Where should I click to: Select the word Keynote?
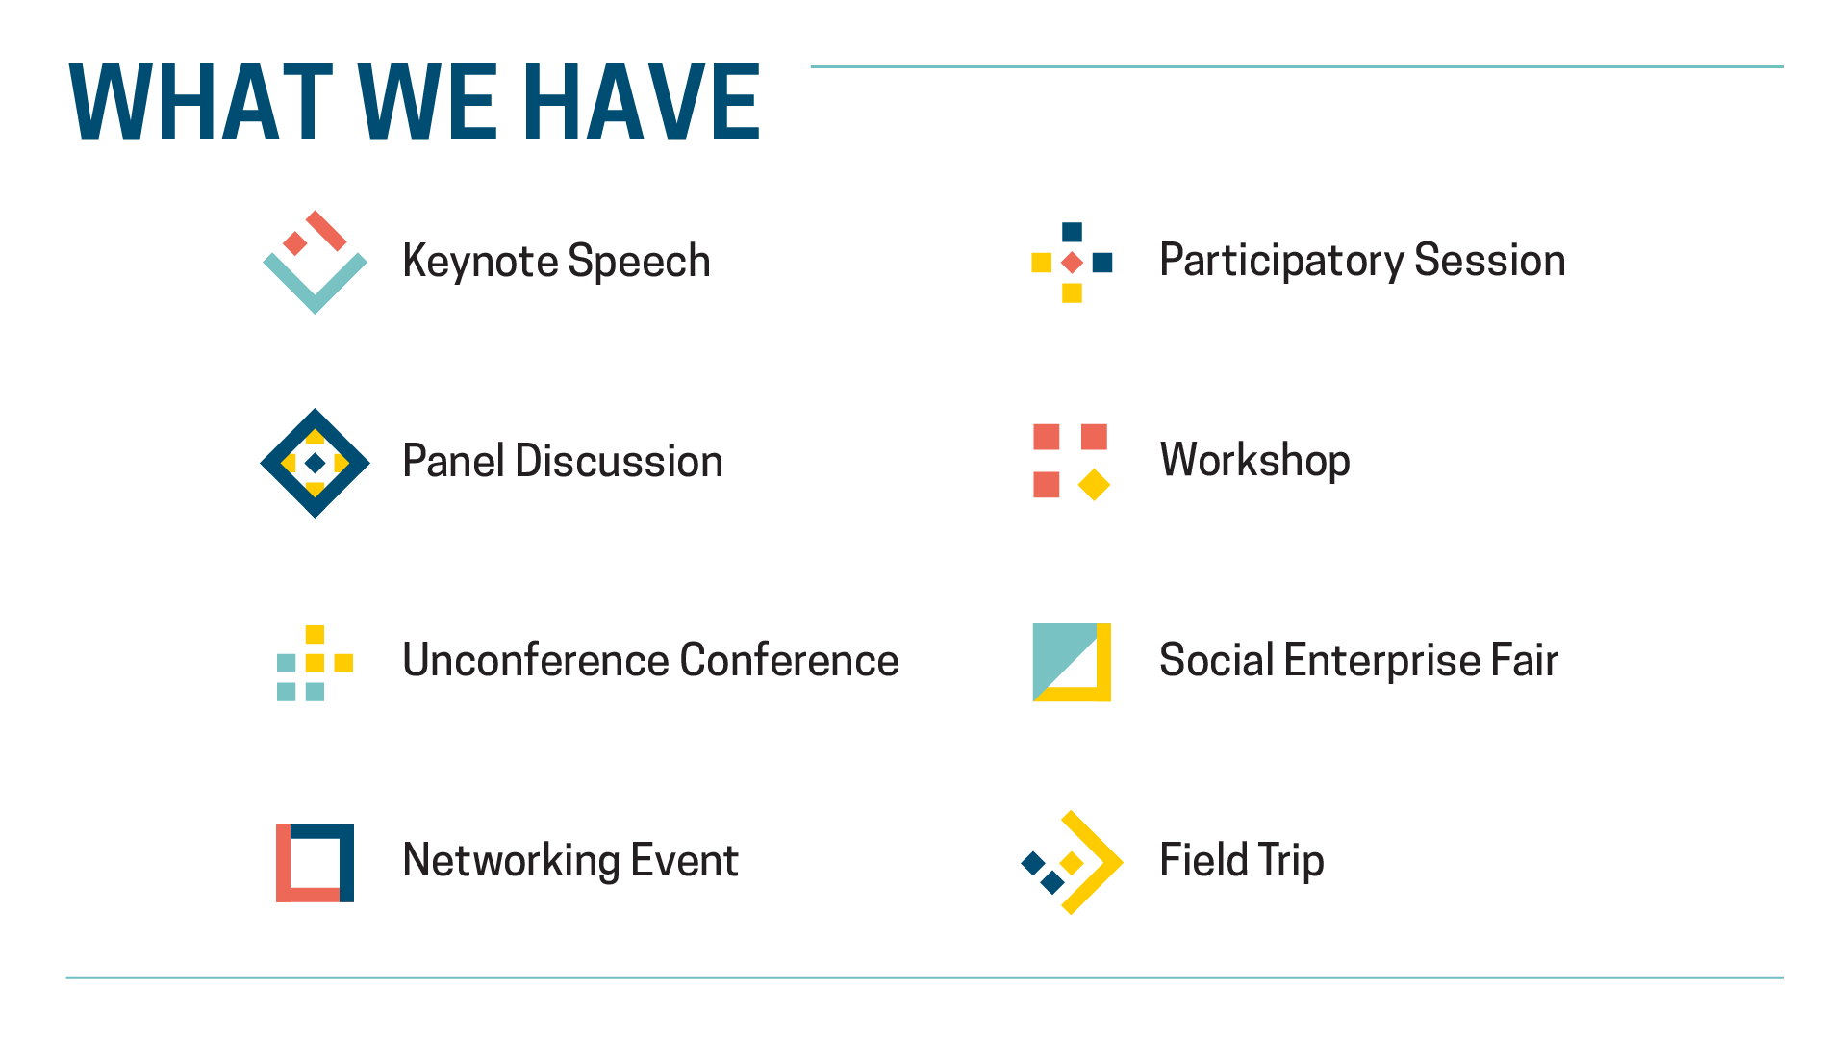479,262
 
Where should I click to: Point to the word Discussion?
619,461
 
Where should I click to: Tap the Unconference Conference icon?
315,663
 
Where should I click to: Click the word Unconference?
535,661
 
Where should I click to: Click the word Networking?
511,861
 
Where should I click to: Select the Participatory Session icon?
1072,263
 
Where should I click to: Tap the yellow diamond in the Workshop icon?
1094,485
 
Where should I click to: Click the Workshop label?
1255,461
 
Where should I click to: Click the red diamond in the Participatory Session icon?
1072,263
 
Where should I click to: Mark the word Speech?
639,262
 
